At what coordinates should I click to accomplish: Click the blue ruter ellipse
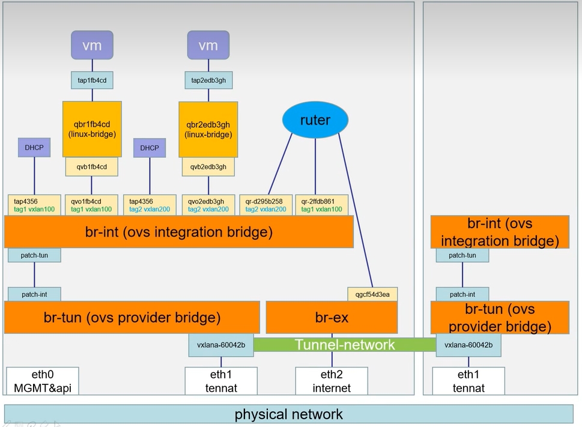[x=315, y=120]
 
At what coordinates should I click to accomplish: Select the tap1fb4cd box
[x=92, y=80]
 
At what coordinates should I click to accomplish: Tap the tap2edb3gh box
[x=208, y=80]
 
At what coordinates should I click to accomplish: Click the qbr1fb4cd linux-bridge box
[x=92, y=129]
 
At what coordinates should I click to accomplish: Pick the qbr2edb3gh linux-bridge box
[x=208, y=129]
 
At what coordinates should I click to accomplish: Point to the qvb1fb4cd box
[x=92, y=167]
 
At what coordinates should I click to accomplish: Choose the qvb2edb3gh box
[x=208, y=167]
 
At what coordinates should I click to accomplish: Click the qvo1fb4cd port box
[x=92, y=205]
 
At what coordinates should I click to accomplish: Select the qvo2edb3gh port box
[x=208, y=205]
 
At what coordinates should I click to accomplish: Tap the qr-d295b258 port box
[x=266, y=205]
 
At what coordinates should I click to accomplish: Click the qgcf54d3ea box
[x=372, y=294]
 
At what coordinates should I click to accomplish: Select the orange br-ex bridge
[x=332, y=317]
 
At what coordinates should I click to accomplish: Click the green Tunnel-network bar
[x=345, y=345]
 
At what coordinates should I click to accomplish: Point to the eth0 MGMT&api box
[x=43, y=381]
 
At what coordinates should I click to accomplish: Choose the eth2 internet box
[x=332, y=381]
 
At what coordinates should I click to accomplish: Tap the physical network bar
[x=289, y=414]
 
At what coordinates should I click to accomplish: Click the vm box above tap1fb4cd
[x=92, y=46]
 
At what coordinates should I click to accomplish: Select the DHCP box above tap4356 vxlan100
[x=34, y=148]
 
